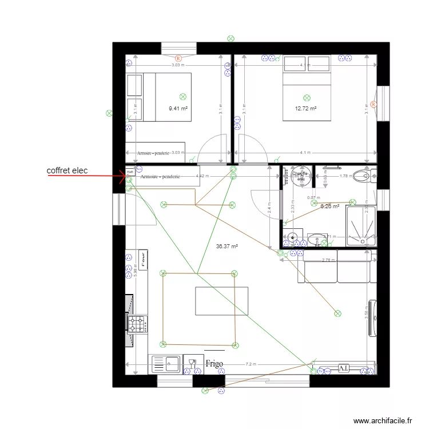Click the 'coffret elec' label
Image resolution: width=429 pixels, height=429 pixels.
click(x=67, y=170)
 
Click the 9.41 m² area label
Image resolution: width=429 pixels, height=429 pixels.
click(x=178, y=108)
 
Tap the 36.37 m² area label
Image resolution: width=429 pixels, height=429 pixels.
click(x=227, y=247)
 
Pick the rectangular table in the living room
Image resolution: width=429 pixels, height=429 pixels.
click(x=222, y=301)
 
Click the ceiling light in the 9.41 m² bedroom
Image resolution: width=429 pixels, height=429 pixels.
click(x=183, y=97)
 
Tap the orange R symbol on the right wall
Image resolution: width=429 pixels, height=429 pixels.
click(x=373, y=104)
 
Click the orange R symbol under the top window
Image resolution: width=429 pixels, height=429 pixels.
click(x=178, y=58)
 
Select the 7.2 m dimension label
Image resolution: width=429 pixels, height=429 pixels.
click(x=251, y=364)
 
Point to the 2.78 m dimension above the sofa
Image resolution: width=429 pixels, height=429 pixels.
click(x=328, y=260)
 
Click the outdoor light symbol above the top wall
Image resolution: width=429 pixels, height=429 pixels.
click(x=231, y=38)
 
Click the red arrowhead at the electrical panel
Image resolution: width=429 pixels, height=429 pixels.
click(x=125, y=176)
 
